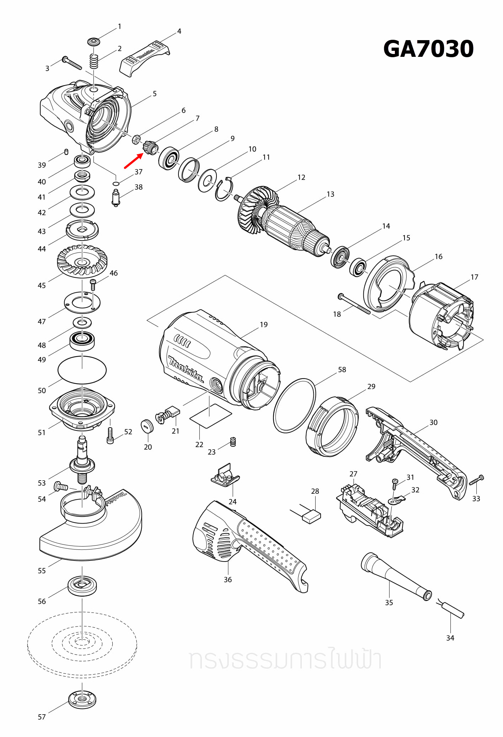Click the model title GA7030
pos(428,49)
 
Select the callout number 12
pos(301,177)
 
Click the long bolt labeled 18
pos(354,304)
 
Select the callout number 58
pos(342,369)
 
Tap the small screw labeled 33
pos(477,480)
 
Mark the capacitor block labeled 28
pos(311,516)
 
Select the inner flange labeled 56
pos(82,585)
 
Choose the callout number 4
pos(179,31)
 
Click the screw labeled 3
pos(72,63)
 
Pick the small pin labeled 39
pos(66,152)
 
